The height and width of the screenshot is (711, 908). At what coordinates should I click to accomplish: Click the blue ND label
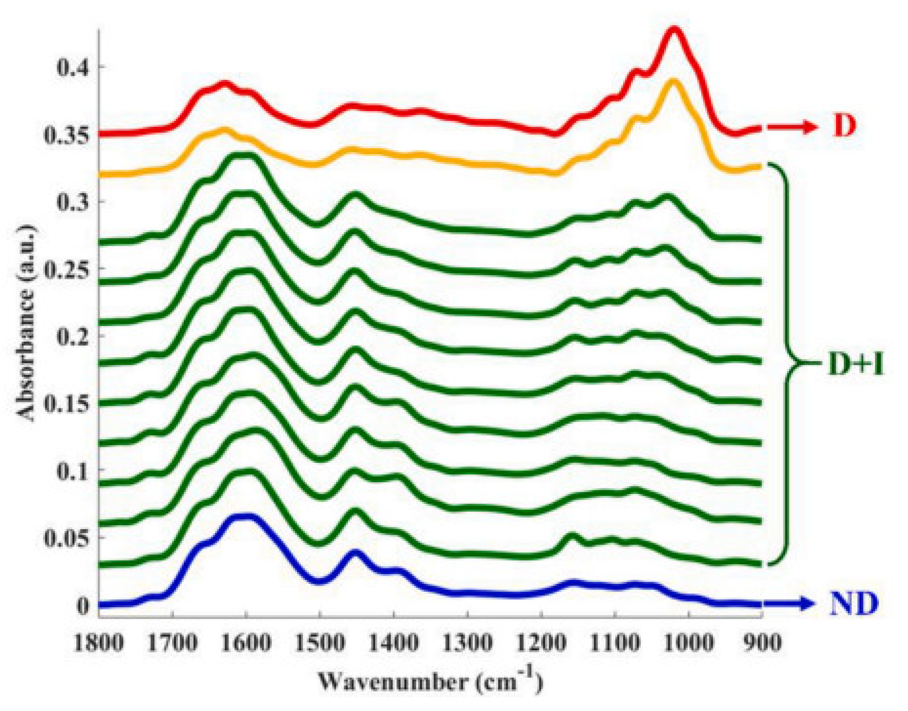(853, 604)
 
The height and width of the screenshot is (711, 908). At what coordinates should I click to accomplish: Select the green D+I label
(855, 364)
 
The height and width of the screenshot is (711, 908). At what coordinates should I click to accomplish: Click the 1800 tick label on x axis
(99, 642)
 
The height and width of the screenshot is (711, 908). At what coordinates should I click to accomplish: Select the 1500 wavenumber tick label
(320, 642)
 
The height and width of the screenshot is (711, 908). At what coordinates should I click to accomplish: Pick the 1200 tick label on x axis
(541, 642)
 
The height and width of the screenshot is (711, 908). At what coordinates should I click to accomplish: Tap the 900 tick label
(762, 642)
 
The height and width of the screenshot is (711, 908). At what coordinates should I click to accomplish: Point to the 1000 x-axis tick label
(688, 642)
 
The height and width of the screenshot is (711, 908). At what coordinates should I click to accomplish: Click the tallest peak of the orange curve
(673, 81)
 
